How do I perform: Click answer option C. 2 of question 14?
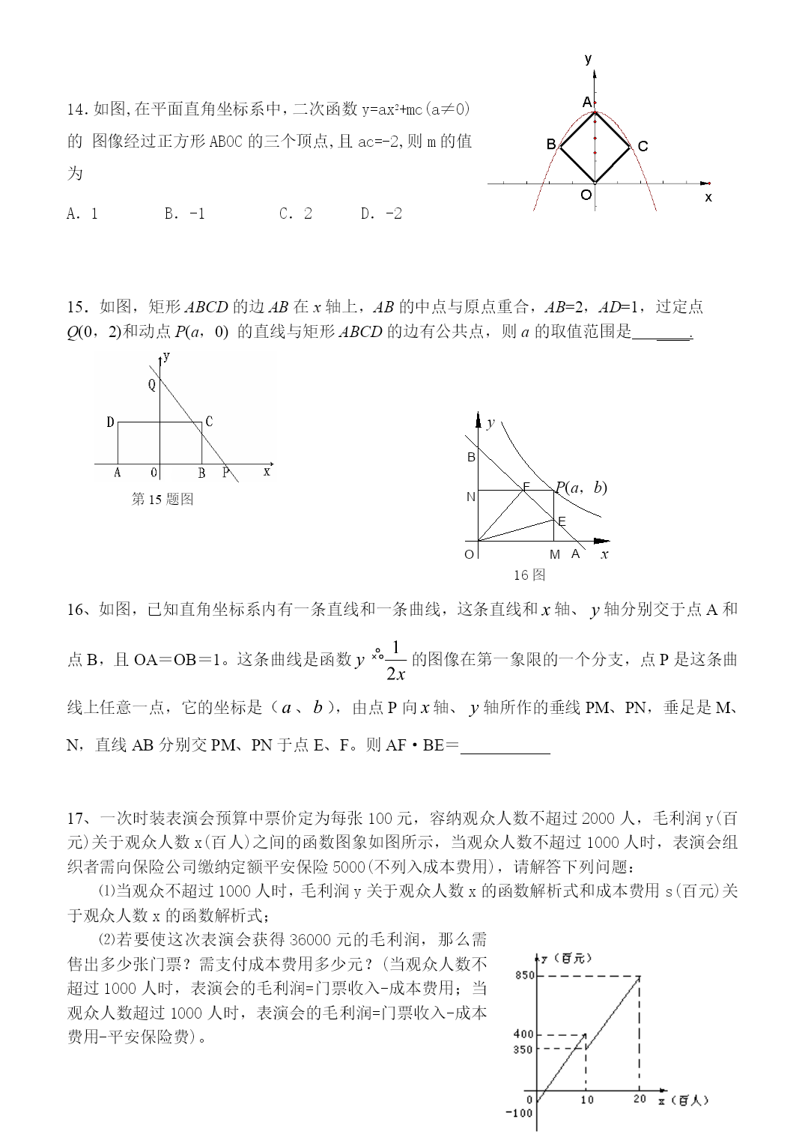[x=295, y=213]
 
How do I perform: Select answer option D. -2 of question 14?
[x=381, y=213]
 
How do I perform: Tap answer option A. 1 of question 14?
[x=82, y=213]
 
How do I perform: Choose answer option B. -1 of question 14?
[x=184, y=213]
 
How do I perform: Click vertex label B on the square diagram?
[x=551, y=145]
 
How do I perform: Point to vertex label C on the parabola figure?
[x=643, y=147]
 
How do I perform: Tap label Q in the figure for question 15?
[x=152, y=385]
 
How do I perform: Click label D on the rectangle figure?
[x=110, y=422]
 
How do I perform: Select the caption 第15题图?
[x=162, y=499]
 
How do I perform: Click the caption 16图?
[x=529, y=574]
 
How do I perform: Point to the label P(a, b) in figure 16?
[x=581, y=488]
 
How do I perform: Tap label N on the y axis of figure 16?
[x=471, y=497]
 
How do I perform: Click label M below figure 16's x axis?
[x=555, y=554]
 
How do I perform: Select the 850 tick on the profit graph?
[x=524, y=975]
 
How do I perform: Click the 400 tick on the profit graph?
[x=523, y=1034]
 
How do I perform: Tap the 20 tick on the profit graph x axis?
[x=640, y=1099]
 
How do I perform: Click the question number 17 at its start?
[x=76, y=818]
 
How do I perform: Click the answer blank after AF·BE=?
[x=505, y=746]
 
